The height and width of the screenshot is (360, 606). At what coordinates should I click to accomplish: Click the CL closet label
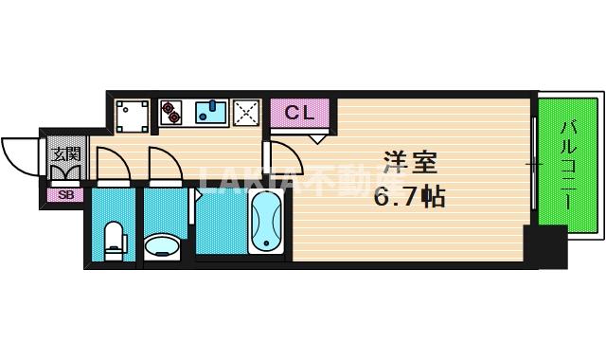coord(298,113)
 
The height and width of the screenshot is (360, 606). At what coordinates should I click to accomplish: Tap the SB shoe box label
coord(65,195)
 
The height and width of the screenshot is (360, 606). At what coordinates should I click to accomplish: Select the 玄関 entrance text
coord(65,153)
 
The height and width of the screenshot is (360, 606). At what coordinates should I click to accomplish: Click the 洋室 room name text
coord(409,162)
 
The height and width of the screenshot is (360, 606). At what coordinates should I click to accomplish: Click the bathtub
coord(266,222)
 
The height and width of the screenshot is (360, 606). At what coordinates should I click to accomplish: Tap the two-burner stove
coord(172,113)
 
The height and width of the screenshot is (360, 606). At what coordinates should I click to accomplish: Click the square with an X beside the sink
coord(246,113)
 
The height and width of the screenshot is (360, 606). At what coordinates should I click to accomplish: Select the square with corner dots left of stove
coord(132,114)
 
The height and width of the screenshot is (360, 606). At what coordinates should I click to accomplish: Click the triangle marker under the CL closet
coord(317,138)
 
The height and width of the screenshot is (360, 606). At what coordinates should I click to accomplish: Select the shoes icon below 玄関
coord(65,172)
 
